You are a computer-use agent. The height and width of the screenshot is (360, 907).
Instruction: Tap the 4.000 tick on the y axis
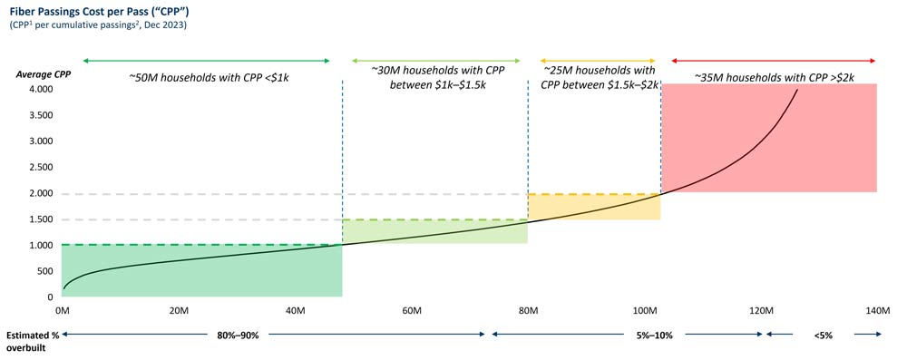(40, 90)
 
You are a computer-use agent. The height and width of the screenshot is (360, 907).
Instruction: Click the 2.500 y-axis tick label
(40, 168)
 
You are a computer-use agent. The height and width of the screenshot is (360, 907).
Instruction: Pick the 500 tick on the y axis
(44, 271)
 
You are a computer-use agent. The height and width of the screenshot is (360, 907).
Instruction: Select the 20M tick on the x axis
(178, 311)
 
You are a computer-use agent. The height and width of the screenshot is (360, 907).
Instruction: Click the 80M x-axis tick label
(528, 311)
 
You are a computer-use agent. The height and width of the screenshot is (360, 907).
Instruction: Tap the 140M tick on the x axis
(877, 311)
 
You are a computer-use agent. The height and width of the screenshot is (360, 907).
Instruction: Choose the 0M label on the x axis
(62, 311)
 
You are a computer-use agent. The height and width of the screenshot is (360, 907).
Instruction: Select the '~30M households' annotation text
(434, 77)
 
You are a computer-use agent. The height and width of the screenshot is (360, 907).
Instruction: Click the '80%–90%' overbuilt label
(238, 336)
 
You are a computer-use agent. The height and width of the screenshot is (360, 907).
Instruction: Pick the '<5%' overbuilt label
(824, 336)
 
